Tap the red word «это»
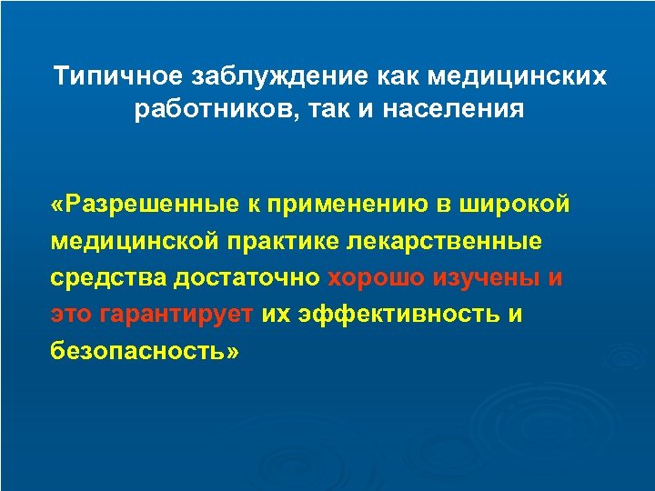point(72,316)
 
